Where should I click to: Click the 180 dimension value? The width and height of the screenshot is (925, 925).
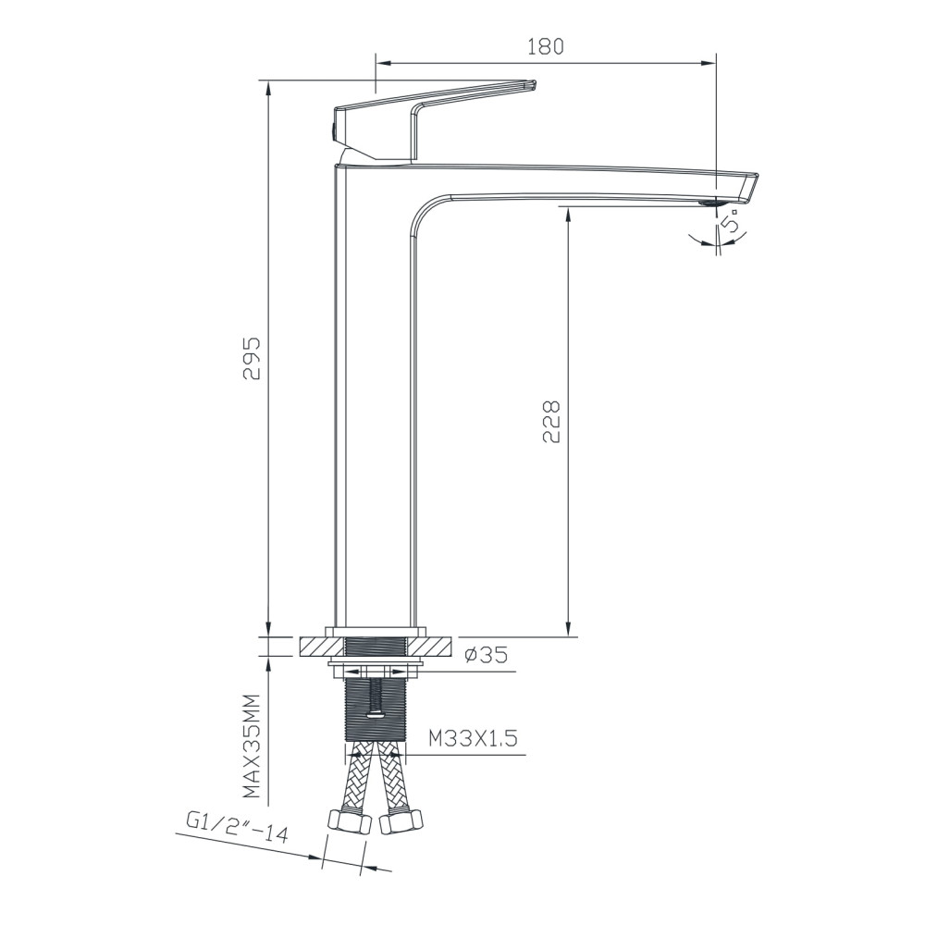(546, 46)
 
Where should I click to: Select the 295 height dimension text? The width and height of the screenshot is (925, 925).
(253, 359)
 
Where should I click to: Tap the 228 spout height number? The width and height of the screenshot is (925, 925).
(551, 422)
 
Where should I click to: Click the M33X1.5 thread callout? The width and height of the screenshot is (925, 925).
(473, 738)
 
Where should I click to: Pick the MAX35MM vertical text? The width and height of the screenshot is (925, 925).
(252, 746)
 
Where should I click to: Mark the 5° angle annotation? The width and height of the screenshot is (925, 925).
(732, 225)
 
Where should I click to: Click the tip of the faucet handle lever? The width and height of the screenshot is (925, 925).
(534, 84)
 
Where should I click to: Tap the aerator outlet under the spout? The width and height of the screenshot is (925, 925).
(709, 203)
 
